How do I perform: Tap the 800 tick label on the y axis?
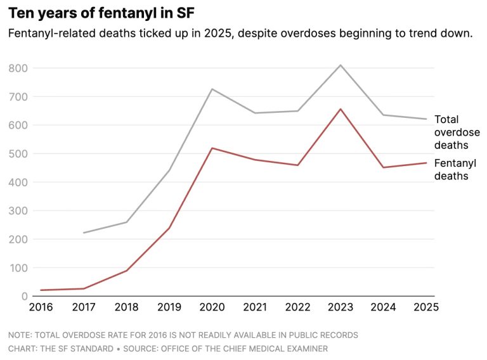[x=19, y=68]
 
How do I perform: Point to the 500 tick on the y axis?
[x=19, y=153]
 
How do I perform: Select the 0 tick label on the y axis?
[x=25, y=296]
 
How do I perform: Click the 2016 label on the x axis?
[x=41, y=307]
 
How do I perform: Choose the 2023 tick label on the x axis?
[x=340, y=307]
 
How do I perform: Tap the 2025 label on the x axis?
[x=425, y=307]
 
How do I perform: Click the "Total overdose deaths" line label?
[x=457, y=132]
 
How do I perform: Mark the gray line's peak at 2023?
[x=340, y=65]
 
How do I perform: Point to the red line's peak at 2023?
[x=340, y=109]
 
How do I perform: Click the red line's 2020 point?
[x=211, y=148]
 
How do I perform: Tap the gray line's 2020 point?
[x=211, y=89]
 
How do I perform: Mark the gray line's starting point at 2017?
[x=83, y=233]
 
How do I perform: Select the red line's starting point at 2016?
[x=41, y=290]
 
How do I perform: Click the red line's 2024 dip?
[x=383, y=167]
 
